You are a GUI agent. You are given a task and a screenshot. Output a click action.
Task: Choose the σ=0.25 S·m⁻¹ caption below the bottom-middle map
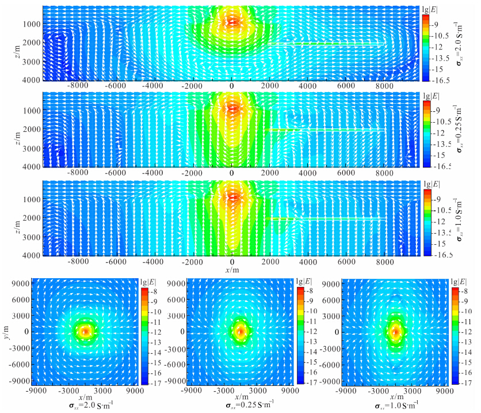(x=242, y=404)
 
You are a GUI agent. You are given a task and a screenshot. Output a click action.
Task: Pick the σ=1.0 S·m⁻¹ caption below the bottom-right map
(x=396, y=404)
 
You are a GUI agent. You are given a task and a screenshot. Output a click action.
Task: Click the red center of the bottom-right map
(x=395, y=332)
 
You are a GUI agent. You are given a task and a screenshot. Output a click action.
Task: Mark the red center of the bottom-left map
(x=85, y=332)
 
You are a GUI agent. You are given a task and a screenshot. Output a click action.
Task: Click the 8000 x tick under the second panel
(x=384, y=172)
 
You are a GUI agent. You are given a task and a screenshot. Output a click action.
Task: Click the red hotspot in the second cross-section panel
(x=232, y=107)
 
